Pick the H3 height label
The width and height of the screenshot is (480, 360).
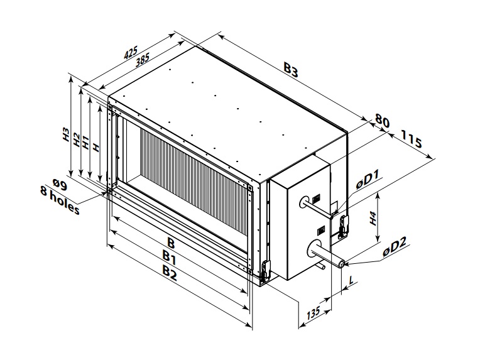point(65,136)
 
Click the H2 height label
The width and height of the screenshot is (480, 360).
point(77,139)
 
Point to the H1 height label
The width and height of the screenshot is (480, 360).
point(87,143)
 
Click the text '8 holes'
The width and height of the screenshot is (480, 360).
point(60,201)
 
